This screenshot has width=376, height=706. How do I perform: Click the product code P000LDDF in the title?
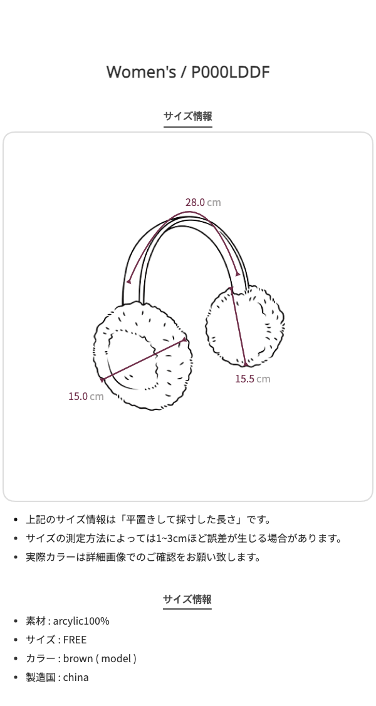click(x=230, y=72)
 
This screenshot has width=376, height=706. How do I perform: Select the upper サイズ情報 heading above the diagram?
click(x=188, y=116)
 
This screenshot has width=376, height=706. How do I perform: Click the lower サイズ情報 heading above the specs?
click(x=187, y=600)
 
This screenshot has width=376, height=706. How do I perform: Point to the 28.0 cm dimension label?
click(x=202, y=202)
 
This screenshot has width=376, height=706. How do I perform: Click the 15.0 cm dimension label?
click(x=86, y=396)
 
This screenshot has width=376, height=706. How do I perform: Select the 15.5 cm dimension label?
click(x=253, y=379)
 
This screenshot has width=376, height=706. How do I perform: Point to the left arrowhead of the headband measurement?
click(x=128, y=281)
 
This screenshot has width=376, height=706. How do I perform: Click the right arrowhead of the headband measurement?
click(x=238, y=273)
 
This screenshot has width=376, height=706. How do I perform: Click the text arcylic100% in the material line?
click(x=81, y=621)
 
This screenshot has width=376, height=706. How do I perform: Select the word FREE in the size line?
click(x=75, y=640)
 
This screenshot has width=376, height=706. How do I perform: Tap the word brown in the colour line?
click(x=77, y=658)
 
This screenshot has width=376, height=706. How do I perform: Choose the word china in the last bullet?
click(x=76, y=677)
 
